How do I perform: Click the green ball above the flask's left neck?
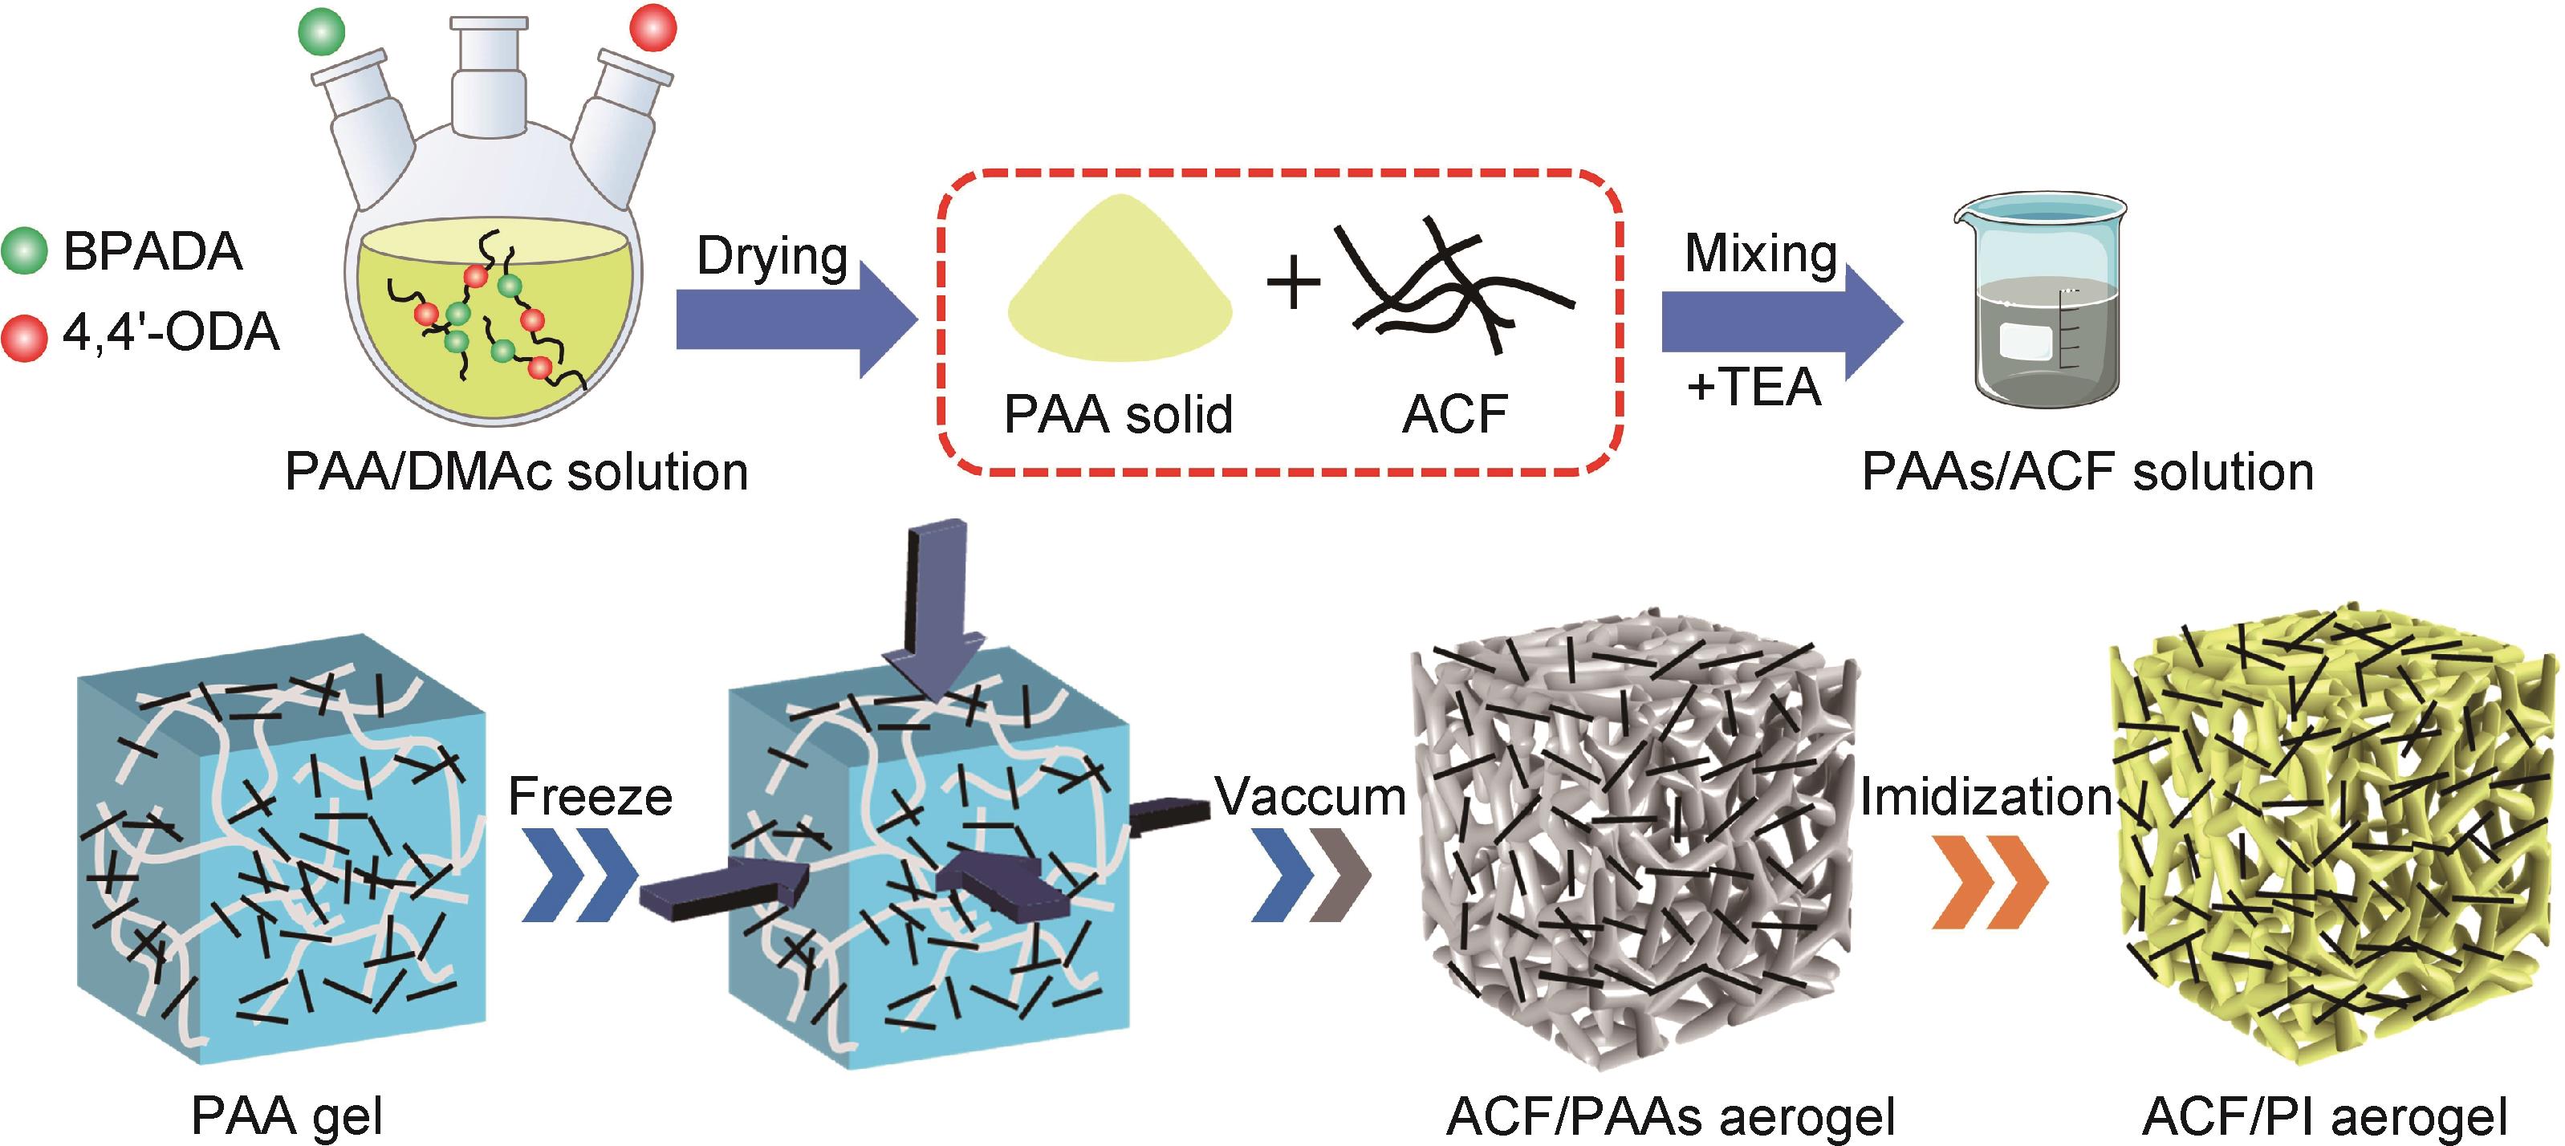[x=322, y=32]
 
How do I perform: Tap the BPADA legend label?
[x=152, y=251]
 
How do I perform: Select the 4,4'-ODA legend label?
[x=170, y=332]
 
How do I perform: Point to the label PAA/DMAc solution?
[x=516, y=472]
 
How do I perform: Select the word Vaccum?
[x=1311, y=797]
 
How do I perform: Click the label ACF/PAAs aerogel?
[x=1670, y=1116]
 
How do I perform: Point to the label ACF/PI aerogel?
[x=2324, y=1116]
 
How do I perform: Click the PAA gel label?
[x=287, y=1116]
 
